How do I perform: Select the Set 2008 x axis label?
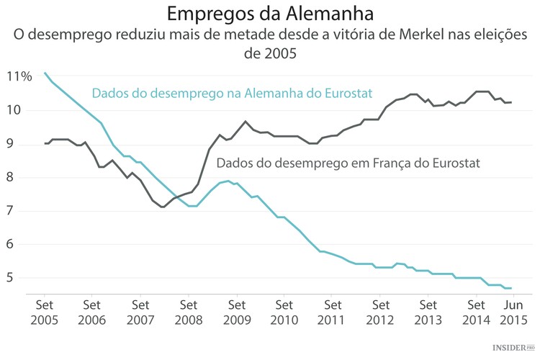(188, 310)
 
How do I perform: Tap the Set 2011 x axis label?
(333, 310)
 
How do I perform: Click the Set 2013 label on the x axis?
(428, 310)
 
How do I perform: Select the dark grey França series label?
(348, 163)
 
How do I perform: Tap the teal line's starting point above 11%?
(45, 73)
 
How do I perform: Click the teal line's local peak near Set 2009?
(228, 181)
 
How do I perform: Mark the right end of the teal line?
(511, 288)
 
